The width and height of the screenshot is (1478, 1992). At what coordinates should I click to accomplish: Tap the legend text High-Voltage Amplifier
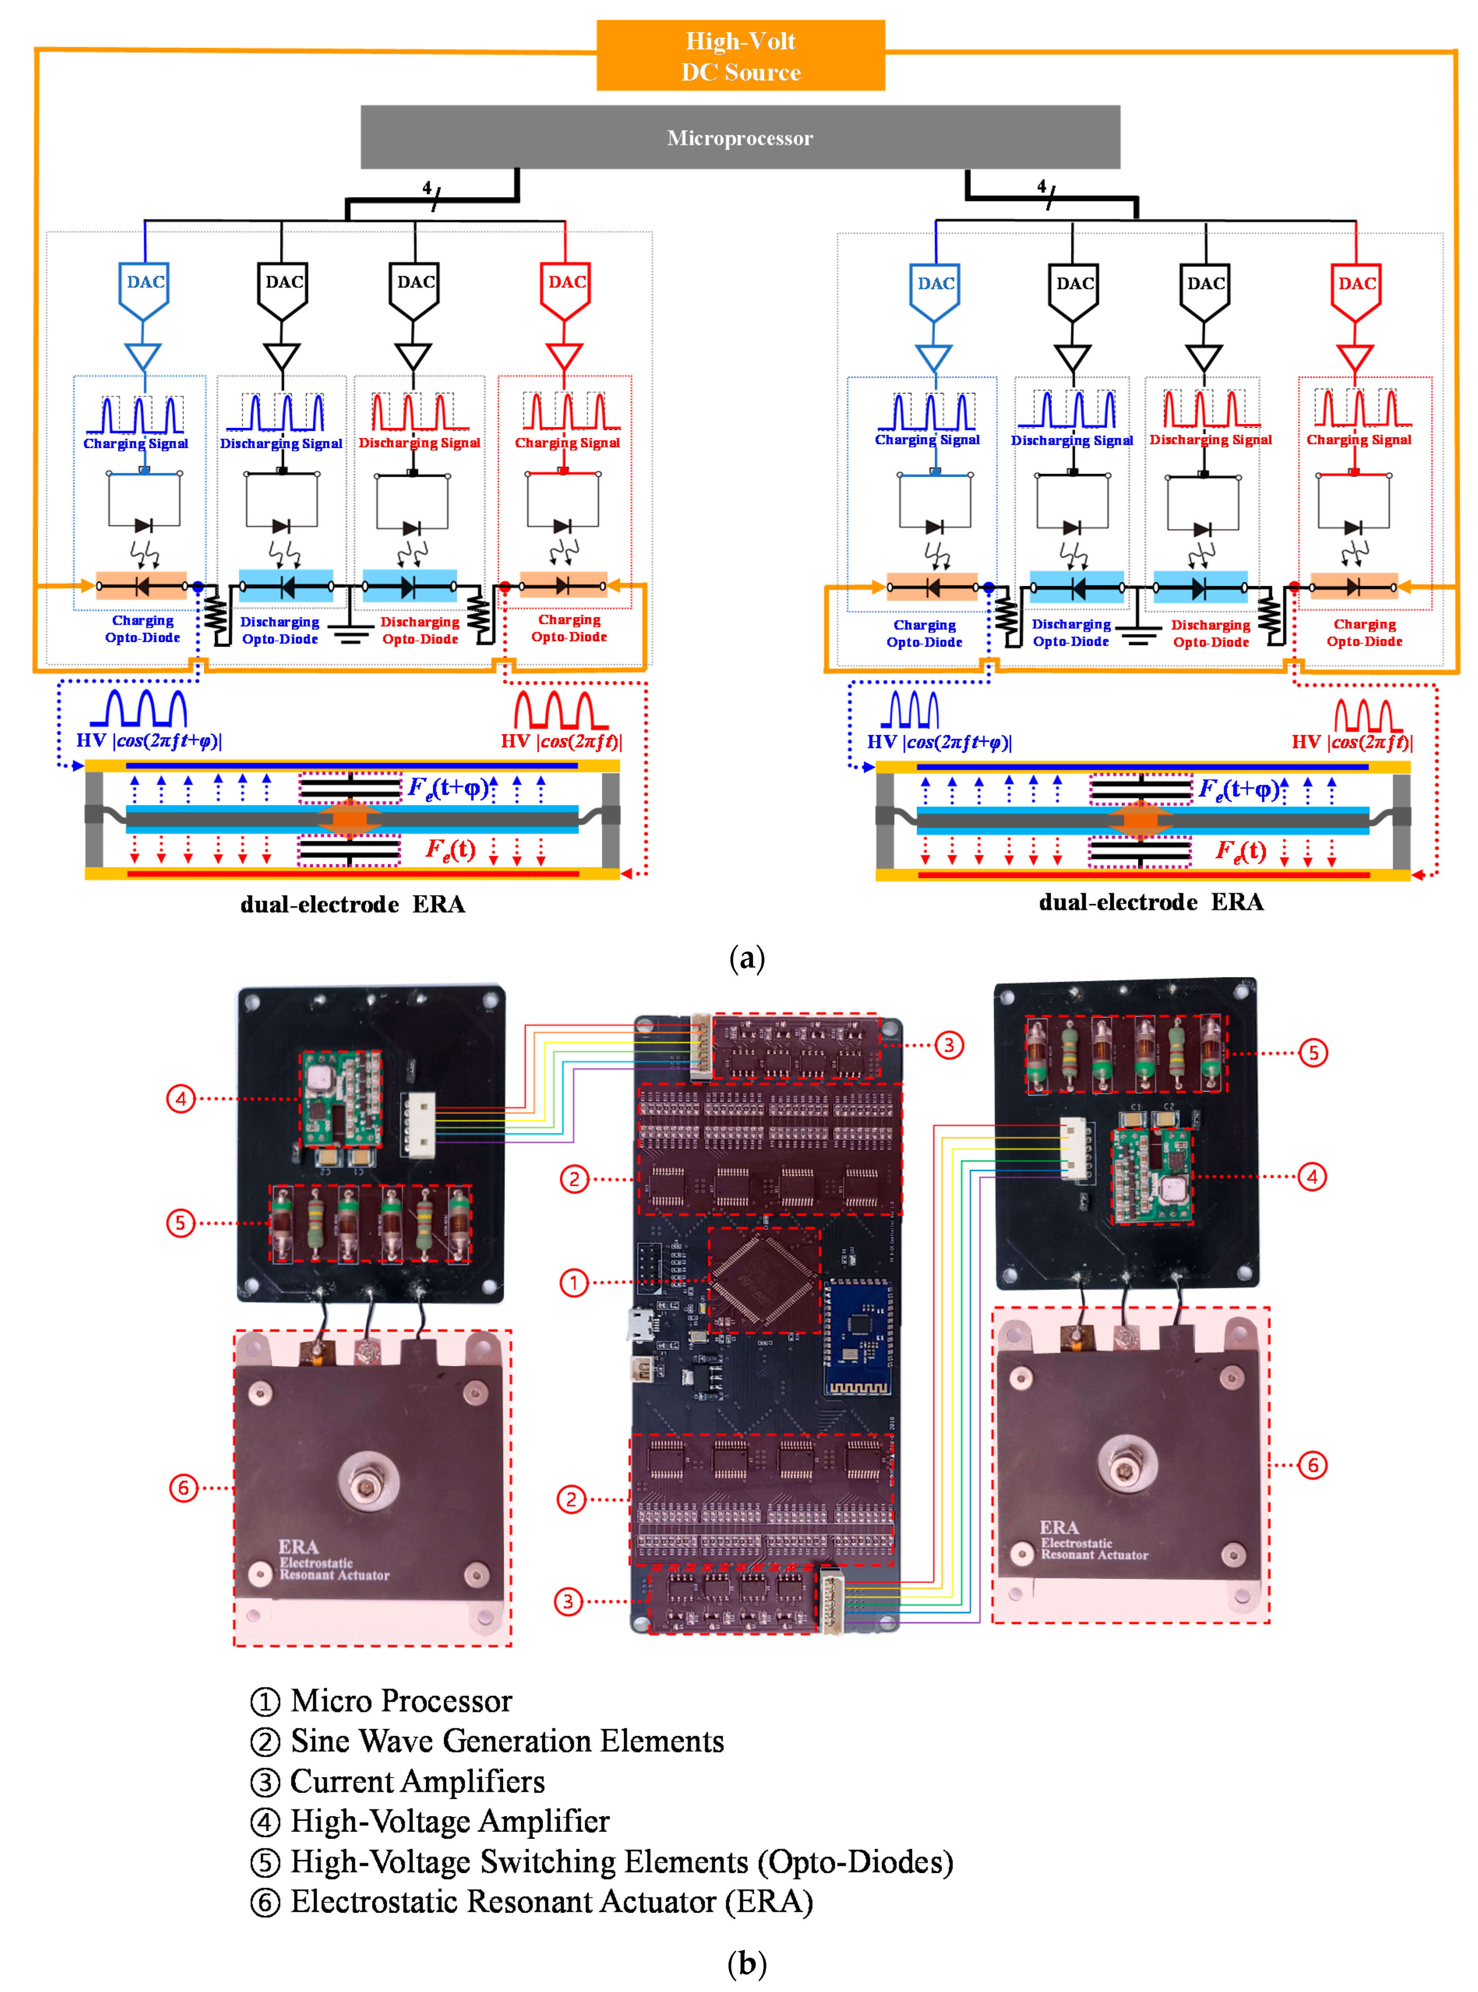pos(450,1821)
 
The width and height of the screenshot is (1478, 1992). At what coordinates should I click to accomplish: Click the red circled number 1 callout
pos(574,1282)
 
